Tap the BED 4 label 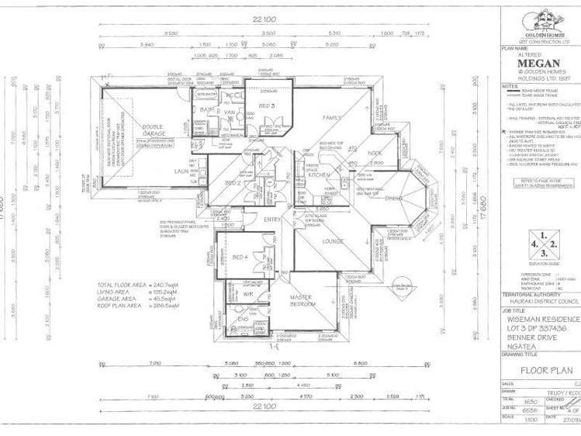(x=240, y=257)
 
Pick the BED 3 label (x=265, y=104)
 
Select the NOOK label (x=375, y=154)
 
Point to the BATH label (x=206, y=110)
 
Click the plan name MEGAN (x=539, y=64)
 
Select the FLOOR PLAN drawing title (x=541, y=370)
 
